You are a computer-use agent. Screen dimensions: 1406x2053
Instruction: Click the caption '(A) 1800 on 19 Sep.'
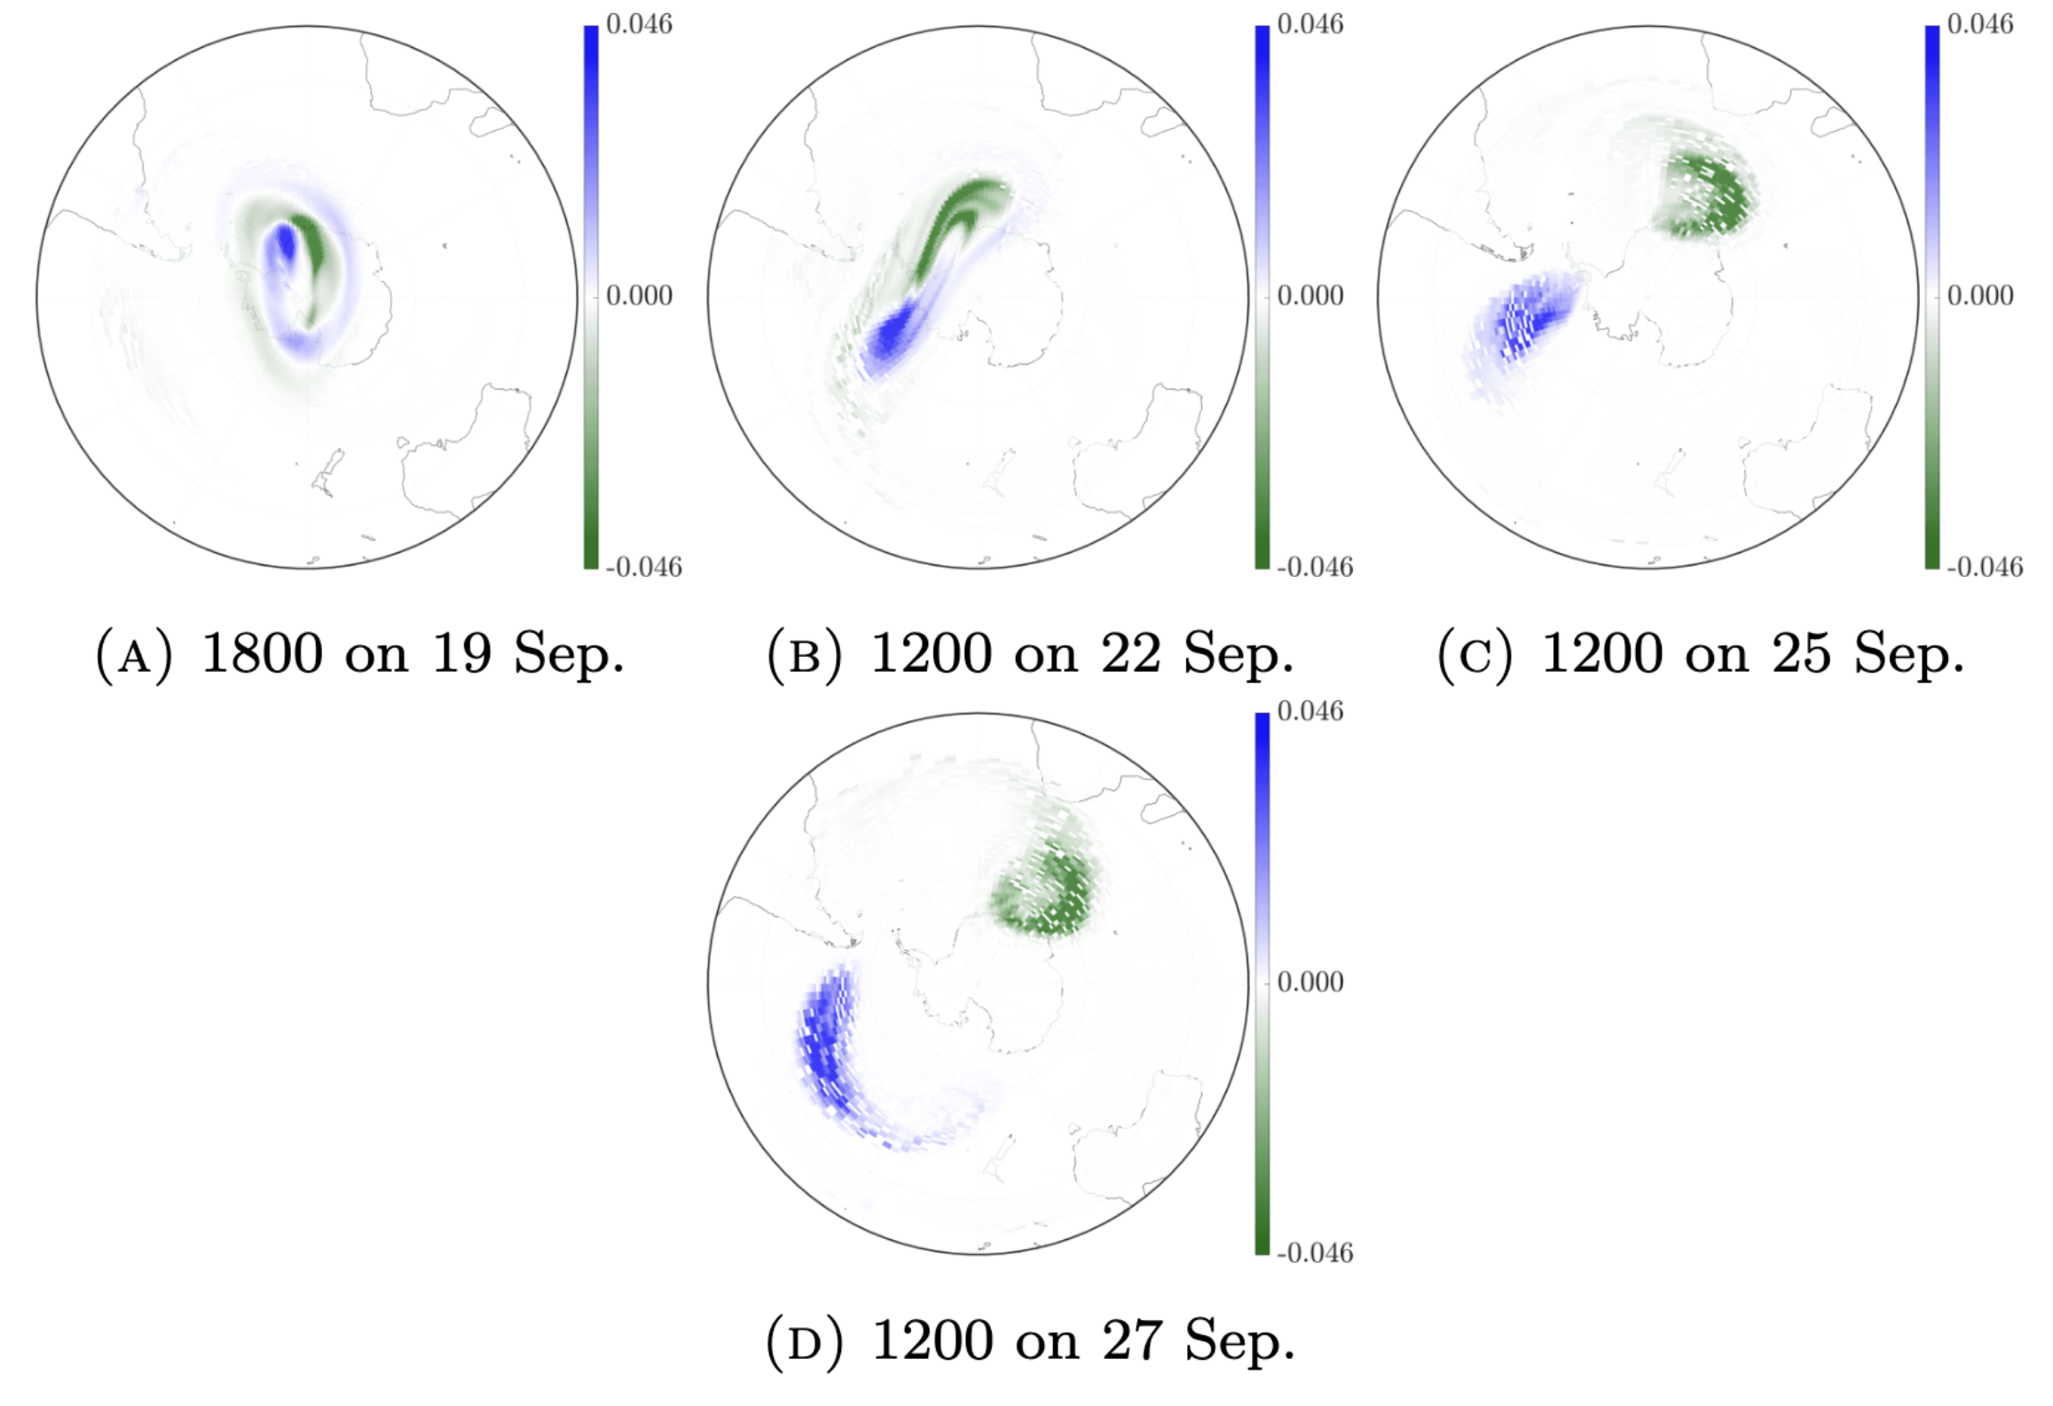tap(359, 655)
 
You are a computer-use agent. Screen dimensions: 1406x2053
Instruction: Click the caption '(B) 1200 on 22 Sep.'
tap(1030, 655)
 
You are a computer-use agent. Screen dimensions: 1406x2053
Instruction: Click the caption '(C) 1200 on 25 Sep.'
tap(1700, 655)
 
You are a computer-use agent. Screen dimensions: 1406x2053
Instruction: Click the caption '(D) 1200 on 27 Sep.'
tap(1030, 1340)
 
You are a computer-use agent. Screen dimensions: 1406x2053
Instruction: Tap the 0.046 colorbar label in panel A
tap(639, 24)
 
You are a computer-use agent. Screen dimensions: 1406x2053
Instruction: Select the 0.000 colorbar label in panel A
tap(639, 296)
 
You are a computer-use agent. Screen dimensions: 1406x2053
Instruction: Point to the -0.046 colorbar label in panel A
tap(643, 567)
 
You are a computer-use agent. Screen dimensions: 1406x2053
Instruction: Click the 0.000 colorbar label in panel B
tap(1310, 296)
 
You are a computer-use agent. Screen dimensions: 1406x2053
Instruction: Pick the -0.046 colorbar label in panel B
tap(1314, 567)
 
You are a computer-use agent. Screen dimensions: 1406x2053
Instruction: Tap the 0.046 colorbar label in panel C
tap(1979, 24)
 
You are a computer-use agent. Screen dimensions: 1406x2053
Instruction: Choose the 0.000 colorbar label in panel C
tap(1979, 296)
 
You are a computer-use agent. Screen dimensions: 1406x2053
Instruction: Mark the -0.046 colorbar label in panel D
tap(1314, 1253)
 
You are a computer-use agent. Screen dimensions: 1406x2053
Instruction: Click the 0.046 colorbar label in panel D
tap(1310, 711)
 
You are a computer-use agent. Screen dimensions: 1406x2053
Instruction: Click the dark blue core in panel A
tap(285, 244)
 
